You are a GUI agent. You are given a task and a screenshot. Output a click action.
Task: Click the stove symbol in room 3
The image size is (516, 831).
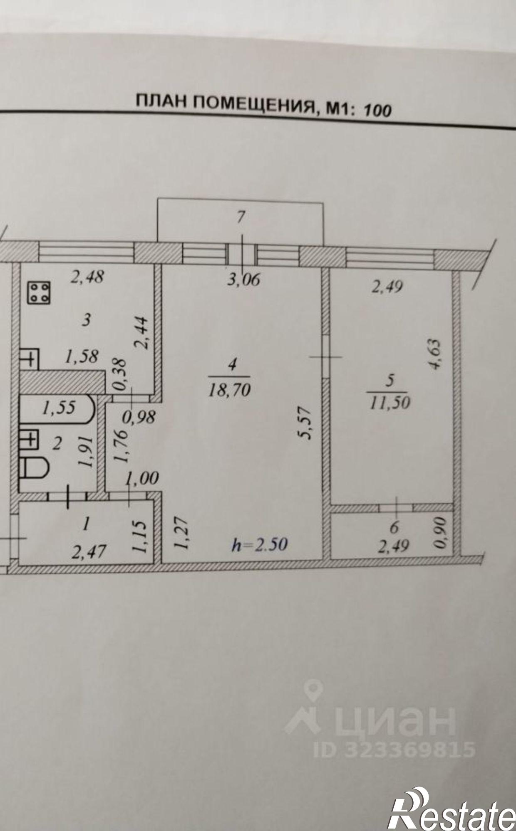pos(40,292)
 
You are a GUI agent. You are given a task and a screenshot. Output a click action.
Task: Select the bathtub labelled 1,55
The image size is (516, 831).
pos(58,408)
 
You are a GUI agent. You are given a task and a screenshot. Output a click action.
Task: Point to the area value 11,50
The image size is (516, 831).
pos(389,402)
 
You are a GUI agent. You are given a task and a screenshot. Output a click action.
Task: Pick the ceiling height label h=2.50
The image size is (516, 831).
pos(260,544)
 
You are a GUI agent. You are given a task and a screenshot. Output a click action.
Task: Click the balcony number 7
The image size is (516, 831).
pos(241,216)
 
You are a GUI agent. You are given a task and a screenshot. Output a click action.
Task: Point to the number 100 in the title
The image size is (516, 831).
pos(377,110)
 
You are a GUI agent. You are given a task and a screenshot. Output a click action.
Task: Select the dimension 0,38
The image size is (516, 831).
pos(121,374)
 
